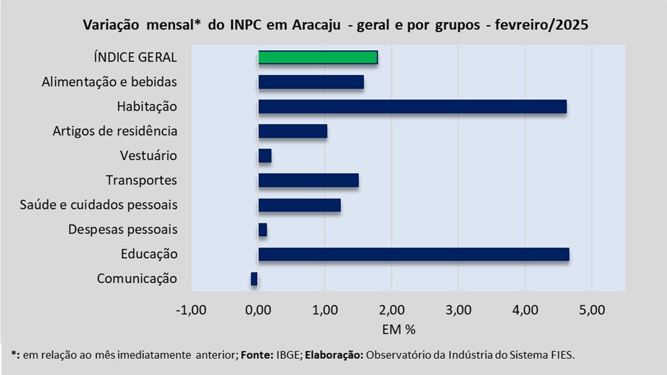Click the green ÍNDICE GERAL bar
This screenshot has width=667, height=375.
click(x=318, y=57)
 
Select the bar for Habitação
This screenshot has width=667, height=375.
click(x=412, y=106)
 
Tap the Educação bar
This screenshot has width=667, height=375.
click(x=414, y=254)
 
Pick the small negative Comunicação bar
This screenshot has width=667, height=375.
click(x=254, y=279)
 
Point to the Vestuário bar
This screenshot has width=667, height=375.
click(x=265, y=156)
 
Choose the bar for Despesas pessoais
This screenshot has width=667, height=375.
click(x=263, y=230)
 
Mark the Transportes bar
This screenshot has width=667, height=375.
click(x=308, y=180)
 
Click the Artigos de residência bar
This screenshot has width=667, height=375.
click(x=293, y=131)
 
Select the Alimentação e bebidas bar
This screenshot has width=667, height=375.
click(x=311, y=82)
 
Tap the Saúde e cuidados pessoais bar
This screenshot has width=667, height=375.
click(x=300, y=205)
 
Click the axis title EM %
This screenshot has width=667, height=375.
click(x=399, y=330)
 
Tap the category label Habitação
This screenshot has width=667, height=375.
click(x=147, y=107)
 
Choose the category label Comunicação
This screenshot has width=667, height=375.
click(x=137, y=279)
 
